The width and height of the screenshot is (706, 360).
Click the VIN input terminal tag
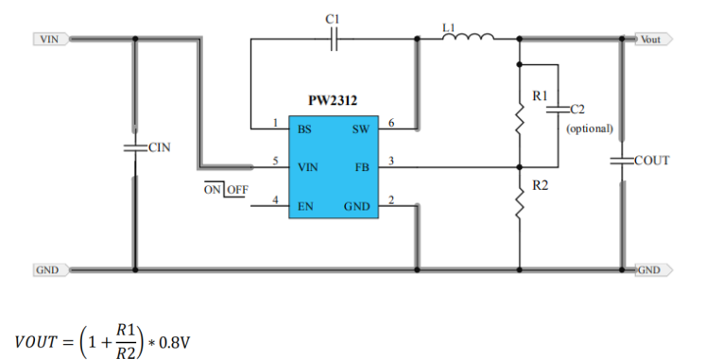(51, 39)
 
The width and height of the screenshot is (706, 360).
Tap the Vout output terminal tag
(654, 39)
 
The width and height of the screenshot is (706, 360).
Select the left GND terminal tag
(51, 270)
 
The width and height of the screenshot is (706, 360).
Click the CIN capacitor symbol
(135, 147)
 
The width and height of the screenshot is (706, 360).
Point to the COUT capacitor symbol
(622, 161)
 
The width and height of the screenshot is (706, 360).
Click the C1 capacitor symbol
(334, 39)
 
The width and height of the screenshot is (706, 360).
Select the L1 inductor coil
(468, 37)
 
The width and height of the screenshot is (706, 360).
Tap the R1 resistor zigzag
(519, 119)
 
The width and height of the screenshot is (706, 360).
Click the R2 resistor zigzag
(519, 203)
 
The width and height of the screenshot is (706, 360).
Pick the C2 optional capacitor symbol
(559, 109)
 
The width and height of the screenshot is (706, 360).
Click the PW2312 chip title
(333, 100)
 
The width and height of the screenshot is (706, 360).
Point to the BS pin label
(304, 129)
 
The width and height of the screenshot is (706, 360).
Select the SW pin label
(361, 129)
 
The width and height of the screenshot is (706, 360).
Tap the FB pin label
(362, 167)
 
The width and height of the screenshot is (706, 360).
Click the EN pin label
(305, 207)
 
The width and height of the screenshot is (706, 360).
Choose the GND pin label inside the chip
(357, 207)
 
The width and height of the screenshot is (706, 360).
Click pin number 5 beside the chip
(275, 161)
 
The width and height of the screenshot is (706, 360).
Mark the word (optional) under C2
(590, 129)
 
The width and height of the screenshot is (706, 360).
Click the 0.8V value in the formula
(175, 343)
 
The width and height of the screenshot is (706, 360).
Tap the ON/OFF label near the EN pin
(226, 190)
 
